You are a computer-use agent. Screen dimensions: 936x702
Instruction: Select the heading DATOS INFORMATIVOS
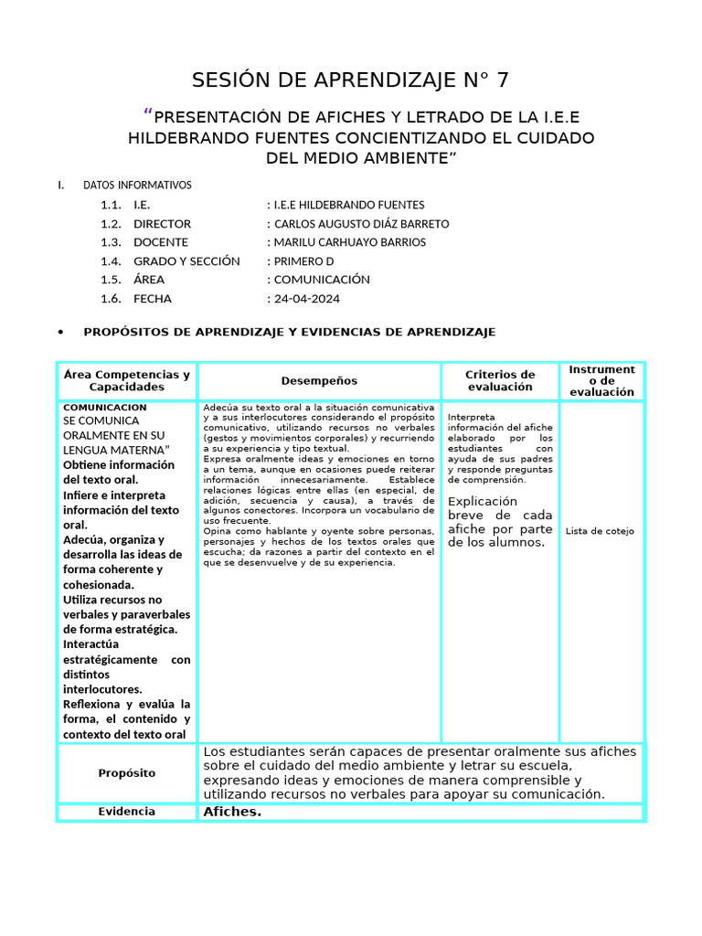point(137,185)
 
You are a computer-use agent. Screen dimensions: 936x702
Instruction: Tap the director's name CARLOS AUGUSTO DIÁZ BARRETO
point(362,224)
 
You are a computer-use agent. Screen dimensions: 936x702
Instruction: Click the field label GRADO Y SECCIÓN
point(186,261)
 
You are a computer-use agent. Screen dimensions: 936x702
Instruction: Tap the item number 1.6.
point(111,299)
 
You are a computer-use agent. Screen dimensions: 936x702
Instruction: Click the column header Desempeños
point(319,381)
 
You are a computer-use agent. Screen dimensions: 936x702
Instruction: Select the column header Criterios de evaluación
point(500,381)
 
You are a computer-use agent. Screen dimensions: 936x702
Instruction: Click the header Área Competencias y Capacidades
point(127,381)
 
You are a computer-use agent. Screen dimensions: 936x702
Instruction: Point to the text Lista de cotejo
point(600,531)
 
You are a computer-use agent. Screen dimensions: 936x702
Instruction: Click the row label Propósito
point(127,773)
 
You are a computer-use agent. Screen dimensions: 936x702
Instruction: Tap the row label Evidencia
point(127,812)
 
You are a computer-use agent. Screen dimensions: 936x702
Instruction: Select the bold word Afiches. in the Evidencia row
point(232,812)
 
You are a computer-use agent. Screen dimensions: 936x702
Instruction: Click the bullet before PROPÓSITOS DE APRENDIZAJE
point(60,332)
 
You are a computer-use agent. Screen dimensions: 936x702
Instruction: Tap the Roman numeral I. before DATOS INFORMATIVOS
point(61,185)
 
